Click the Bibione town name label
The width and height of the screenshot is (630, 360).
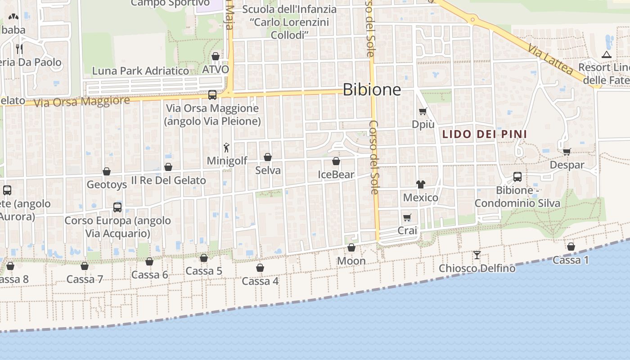(x=372, y=90)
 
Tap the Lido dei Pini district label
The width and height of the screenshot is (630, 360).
(x=484, y=134)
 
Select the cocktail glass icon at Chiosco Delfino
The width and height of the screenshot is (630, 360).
(x=477, y=255)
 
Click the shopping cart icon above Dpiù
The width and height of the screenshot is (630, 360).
(x=423, y=111)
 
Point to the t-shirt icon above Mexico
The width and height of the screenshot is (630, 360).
(x=420, y=184)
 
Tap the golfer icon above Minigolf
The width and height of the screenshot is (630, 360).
(x=227, y=147)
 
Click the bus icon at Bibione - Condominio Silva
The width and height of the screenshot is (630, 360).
(x=517, y=177)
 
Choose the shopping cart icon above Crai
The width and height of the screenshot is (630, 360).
(x=407, y=218)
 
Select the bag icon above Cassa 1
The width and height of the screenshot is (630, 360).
(x=571, y=247)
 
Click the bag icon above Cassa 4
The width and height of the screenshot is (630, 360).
(x=260, y=268)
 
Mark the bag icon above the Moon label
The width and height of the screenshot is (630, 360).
(x=351, y=248)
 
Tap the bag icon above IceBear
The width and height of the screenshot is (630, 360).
(x=336, y=161)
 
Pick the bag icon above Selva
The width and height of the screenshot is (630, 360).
(x=268, y=157)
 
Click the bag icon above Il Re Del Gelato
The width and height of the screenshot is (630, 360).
(x=168, y=167)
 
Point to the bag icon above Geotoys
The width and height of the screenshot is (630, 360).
(x=107, y=171)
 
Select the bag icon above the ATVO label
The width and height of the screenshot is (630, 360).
(x=216, y=56)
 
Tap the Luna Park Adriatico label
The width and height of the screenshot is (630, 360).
(x=140, y=71)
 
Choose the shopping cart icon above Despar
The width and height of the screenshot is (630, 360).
(x=567, y=152)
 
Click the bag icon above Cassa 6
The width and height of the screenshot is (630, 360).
(x=149, y=261)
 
